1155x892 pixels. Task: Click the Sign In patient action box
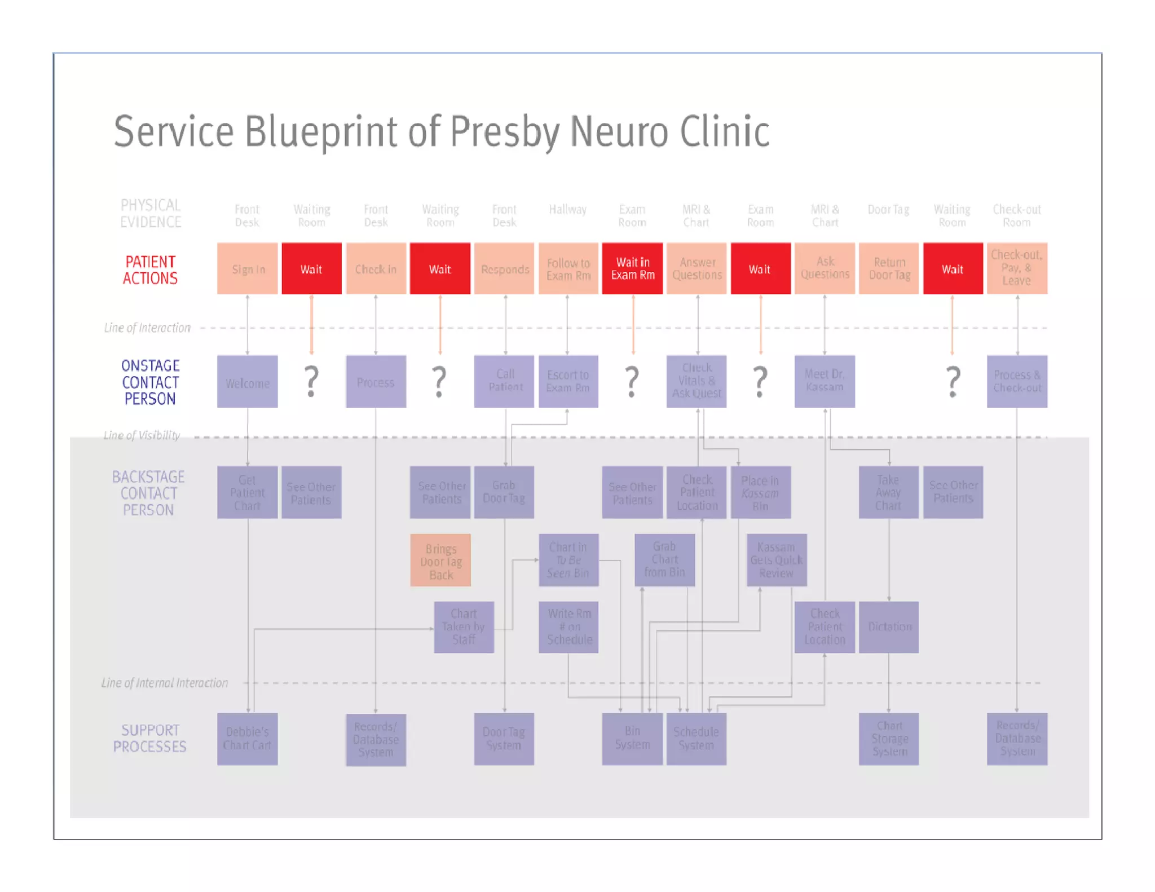coord(247,269)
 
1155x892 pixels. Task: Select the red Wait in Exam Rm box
coord(632,269)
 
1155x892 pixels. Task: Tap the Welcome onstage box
coord(247,382)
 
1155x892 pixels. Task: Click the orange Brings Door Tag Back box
coord(440,560)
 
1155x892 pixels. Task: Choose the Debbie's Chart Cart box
coord(247,739)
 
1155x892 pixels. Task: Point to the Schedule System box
coord(696,739)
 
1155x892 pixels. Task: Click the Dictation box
coord(889,627)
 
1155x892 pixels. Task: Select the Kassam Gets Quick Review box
coord(777,560)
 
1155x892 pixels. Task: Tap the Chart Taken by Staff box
coord(464,627)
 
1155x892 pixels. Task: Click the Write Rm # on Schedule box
coord(568,627)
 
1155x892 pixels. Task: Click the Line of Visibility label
coord(142,435)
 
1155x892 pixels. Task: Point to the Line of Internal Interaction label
coord(165,683)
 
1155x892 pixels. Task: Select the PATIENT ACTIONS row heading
coord(150,270)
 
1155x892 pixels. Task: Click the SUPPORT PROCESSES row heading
coord(149,739)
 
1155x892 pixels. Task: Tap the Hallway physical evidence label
coord(567,210)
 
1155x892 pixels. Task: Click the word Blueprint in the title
coord(321,132)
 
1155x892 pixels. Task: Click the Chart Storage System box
coord(889,739)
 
